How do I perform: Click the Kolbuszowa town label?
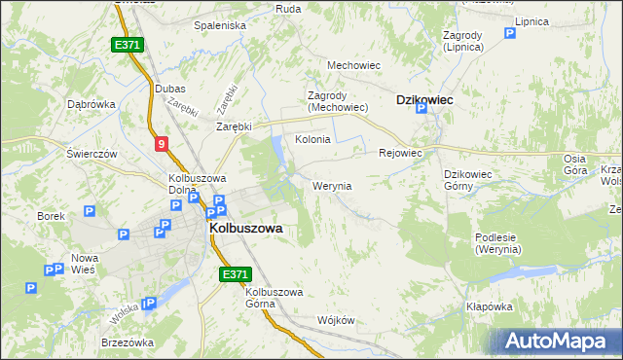(x=245, y=228)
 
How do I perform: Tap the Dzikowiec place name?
(x=424, y=99)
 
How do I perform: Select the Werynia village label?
(x=332, y=185)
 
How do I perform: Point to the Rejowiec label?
(x=399, y=153)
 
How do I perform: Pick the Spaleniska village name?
(x=220, y=25)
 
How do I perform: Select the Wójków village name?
(x=335, y=320)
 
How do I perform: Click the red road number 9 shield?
(x=162, y=144)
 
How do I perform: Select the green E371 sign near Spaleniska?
(x=128, y=45)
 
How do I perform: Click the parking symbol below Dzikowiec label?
(x=421, y=110)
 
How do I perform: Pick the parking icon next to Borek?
(x=90, y=210)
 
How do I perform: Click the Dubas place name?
(x=170, y=89)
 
